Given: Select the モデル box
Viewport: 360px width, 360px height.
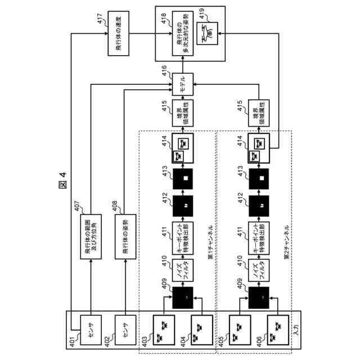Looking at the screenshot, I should pos(182,84).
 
